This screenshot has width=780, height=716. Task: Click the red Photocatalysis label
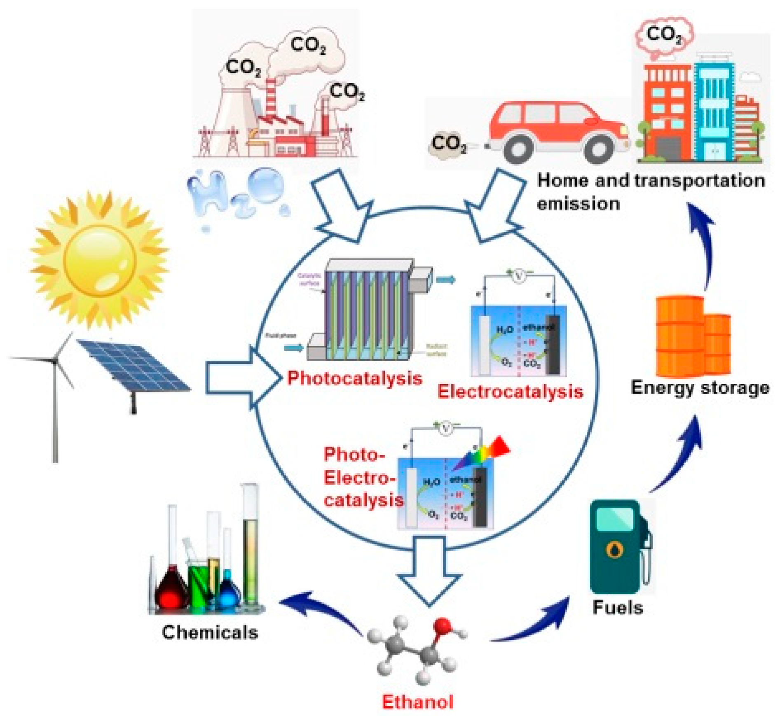pyautogui.click(x=354, y=378)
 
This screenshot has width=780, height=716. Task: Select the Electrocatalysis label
pyautogui.click(x=510, y=391)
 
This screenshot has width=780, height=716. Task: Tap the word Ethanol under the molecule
pyautogui.click(x=417, y=701)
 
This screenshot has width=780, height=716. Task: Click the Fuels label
pyautogui.click(x=617, y=607)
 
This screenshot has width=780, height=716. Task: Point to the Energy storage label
pyautogui.click(x=700, y=387)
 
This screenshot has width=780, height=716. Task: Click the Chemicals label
pyautogui.click(x=210, y=632)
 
